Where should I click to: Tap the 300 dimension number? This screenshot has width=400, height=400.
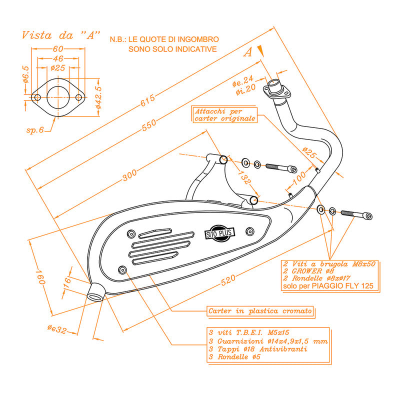click(x=129, y=175)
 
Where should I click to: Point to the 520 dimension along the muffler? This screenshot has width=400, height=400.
click(x=227, y=281)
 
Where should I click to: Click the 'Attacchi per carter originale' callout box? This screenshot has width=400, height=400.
click(x=225, y=115)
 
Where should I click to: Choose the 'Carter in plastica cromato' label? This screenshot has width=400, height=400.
click(x=260, y=311)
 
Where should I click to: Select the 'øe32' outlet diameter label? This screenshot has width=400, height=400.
click(x=57, y=328)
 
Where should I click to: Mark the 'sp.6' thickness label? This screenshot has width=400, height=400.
click(x=34, y=130)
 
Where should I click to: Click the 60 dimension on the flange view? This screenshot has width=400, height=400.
click(x=57, y=48)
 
